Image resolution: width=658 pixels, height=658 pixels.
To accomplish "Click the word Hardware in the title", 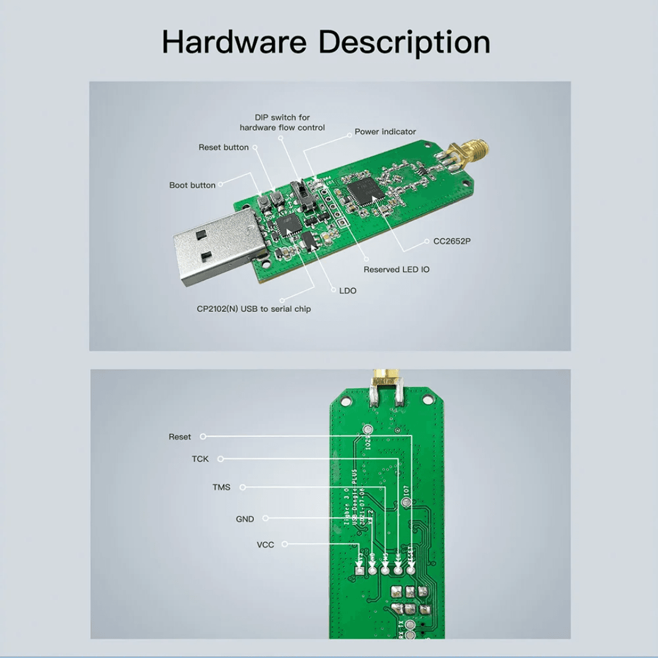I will click(x=235, y=42).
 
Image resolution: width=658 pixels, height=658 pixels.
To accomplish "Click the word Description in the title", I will click(x=405, y=42).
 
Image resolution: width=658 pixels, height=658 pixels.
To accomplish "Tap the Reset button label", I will click(x=224, y=147).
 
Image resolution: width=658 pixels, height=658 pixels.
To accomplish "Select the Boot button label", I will click(x=193, y=185).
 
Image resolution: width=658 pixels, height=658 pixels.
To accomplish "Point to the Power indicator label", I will click(x=385, y=132).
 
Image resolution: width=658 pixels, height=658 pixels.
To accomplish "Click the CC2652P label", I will click(x=452, y=241).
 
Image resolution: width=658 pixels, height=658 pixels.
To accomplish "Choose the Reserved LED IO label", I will click(x=397, y=269).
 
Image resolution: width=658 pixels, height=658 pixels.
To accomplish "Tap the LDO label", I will click(x=348, y=291).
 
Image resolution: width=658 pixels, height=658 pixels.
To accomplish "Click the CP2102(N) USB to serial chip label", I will click(x=253, y=309).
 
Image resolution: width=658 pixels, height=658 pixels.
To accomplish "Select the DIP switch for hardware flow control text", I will click(x=282, y=122).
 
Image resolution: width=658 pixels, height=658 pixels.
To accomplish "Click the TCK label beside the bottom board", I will click(x=200, y=459).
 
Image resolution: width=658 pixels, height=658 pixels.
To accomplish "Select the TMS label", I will click(x=221, y=487).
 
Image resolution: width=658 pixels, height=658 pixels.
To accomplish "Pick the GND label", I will click(x=245, y=519).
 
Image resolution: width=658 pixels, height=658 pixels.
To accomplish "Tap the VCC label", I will click(x=266, y=545).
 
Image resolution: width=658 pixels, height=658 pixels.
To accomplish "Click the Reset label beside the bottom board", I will click(x=180, y=437).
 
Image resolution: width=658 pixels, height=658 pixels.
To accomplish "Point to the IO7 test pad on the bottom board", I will click(x=406, y=502).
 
